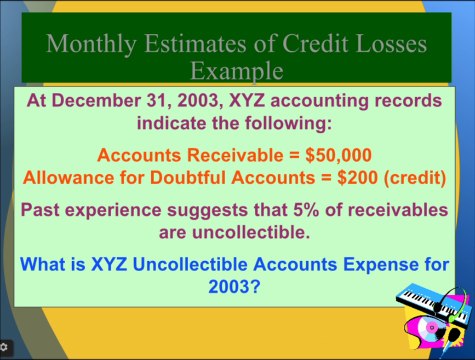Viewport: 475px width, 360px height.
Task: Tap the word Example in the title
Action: click(x=237, y=71)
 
